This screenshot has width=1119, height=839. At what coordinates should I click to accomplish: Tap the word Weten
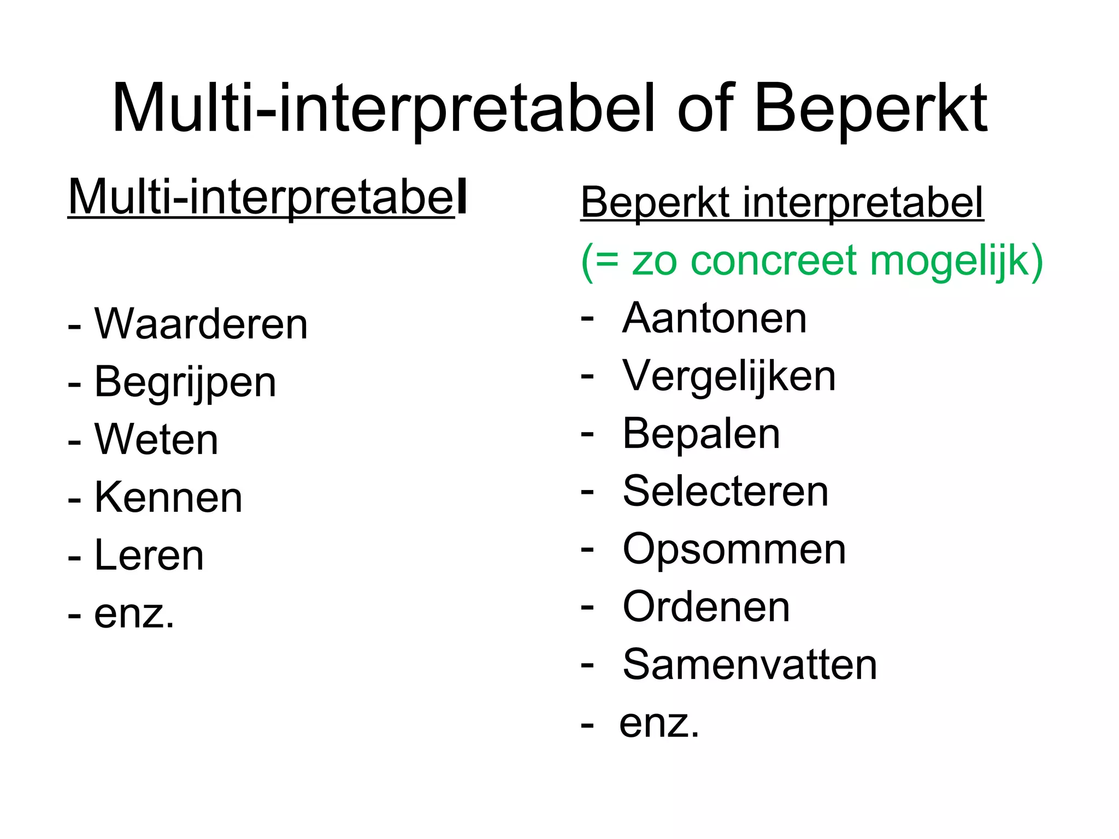click(x=156, y=440)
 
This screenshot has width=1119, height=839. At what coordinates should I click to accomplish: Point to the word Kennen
click(x=168, y=498)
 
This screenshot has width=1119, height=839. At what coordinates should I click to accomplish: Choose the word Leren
click(x=149, y=556)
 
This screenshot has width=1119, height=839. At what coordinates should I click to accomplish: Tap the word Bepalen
click(x=701, y=434)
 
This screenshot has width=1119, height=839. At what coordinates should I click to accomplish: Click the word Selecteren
click(x=725, y=492)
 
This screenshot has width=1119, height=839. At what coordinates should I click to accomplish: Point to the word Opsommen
click(x=734, y=550)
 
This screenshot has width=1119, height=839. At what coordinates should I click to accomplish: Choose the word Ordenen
click(x=706, y=607)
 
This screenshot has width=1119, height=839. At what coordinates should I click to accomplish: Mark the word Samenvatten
click(x=750, y=665)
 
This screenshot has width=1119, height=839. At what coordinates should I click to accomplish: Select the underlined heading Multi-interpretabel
click(x=267, y=197)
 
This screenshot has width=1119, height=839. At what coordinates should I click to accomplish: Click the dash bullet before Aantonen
click(x=587, y=317)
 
